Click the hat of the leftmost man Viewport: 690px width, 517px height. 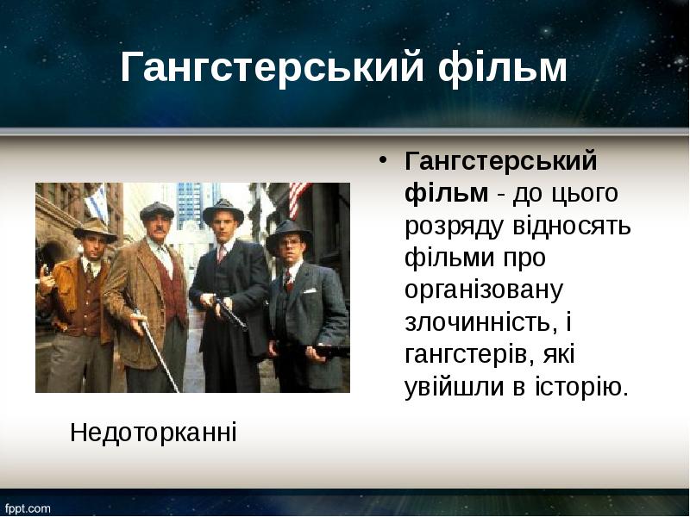(x=94, y=228)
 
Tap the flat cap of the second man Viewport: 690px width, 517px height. (x=157, y=210)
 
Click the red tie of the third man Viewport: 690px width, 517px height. (x=221, y=253)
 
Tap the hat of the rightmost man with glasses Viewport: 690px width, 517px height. (x=290, y=233)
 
